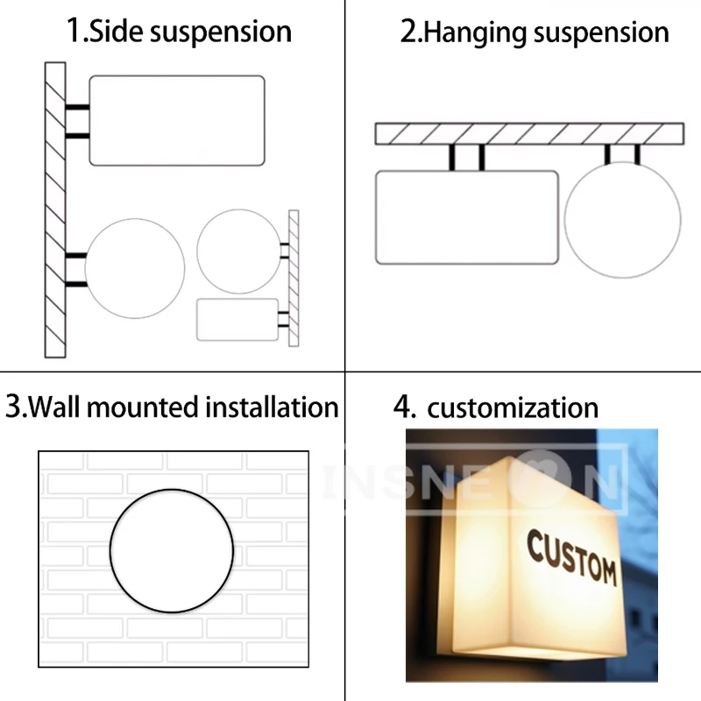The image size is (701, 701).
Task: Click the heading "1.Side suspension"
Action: (x=180, y=32)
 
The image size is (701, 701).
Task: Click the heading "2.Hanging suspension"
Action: (x=535, y=32)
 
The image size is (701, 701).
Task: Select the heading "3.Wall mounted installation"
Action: (x=172, y=407)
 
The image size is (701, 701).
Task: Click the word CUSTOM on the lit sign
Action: (x=571, y=558)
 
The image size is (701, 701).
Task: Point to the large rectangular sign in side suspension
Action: (x=177, y=120)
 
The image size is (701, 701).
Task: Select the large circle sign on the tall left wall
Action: (x=136, y=268)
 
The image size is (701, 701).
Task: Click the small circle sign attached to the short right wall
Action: (x=238, y=251)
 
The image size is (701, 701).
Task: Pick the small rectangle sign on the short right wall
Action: (x=237, y=319)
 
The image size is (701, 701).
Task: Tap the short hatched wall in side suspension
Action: (x=294, y=278)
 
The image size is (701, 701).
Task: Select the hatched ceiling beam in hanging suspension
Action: (x=529, y=133)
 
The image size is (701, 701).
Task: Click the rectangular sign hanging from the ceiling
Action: (x=467, y=217)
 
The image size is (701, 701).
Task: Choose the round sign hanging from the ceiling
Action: (x=622, y=220)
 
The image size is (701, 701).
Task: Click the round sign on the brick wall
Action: (x=172, y=550)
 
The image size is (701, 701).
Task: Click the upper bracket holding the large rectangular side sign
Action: (x=77, y=109)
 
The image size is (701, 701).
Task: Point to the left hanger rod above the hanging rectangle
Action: (x=453, y=157)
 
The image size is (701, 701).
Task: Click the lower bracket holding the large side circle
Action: (x=76, y=284)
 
